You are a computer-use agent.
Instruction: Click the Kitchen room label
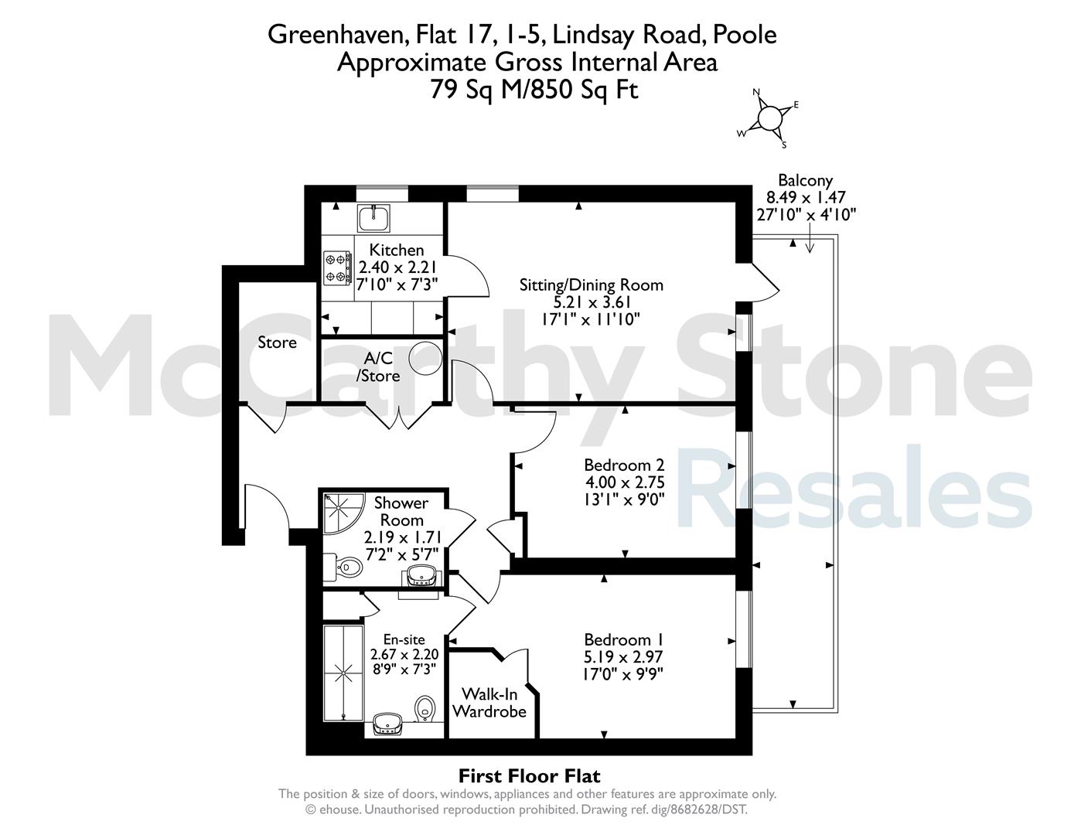coord(397,250)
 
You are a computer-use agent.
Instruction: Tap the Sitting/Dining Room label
coord(592,285)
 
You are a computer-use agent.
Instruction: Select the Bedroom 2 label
coord(624,465)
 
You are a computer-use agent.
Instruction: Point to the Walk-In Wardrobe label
coord(489,702)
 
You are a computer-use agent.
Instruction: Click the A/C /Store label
coord(378,366)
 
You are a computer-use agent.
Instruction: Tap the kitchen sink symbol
coord(373,218)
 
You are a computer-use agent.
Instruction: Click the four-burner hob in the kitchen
coord(337,268)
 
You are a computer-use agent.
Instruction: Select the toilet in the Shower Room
coord(347,566)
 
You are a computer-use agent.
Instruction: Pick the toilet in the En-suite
coord(425,707)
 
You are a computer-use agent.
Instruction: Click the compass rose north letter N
coord(756,92)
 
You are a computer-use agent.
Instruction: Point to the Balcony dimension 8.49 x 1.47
coord(806,197)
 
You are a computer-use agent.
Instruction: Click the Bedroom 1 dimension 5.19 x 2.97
coord(624,656)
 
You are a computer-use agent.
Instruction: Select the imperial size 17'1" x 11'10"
coord(591,319)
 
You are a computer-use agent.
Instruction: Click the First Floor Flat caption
coord(530,775)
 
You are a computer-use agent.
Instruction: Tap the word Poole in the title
coord(745,34)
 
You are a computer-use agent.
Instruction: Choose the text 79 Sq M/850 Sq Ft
coord(534,90)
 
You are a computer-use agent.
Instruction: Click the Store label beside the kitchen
coord(277,343)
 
